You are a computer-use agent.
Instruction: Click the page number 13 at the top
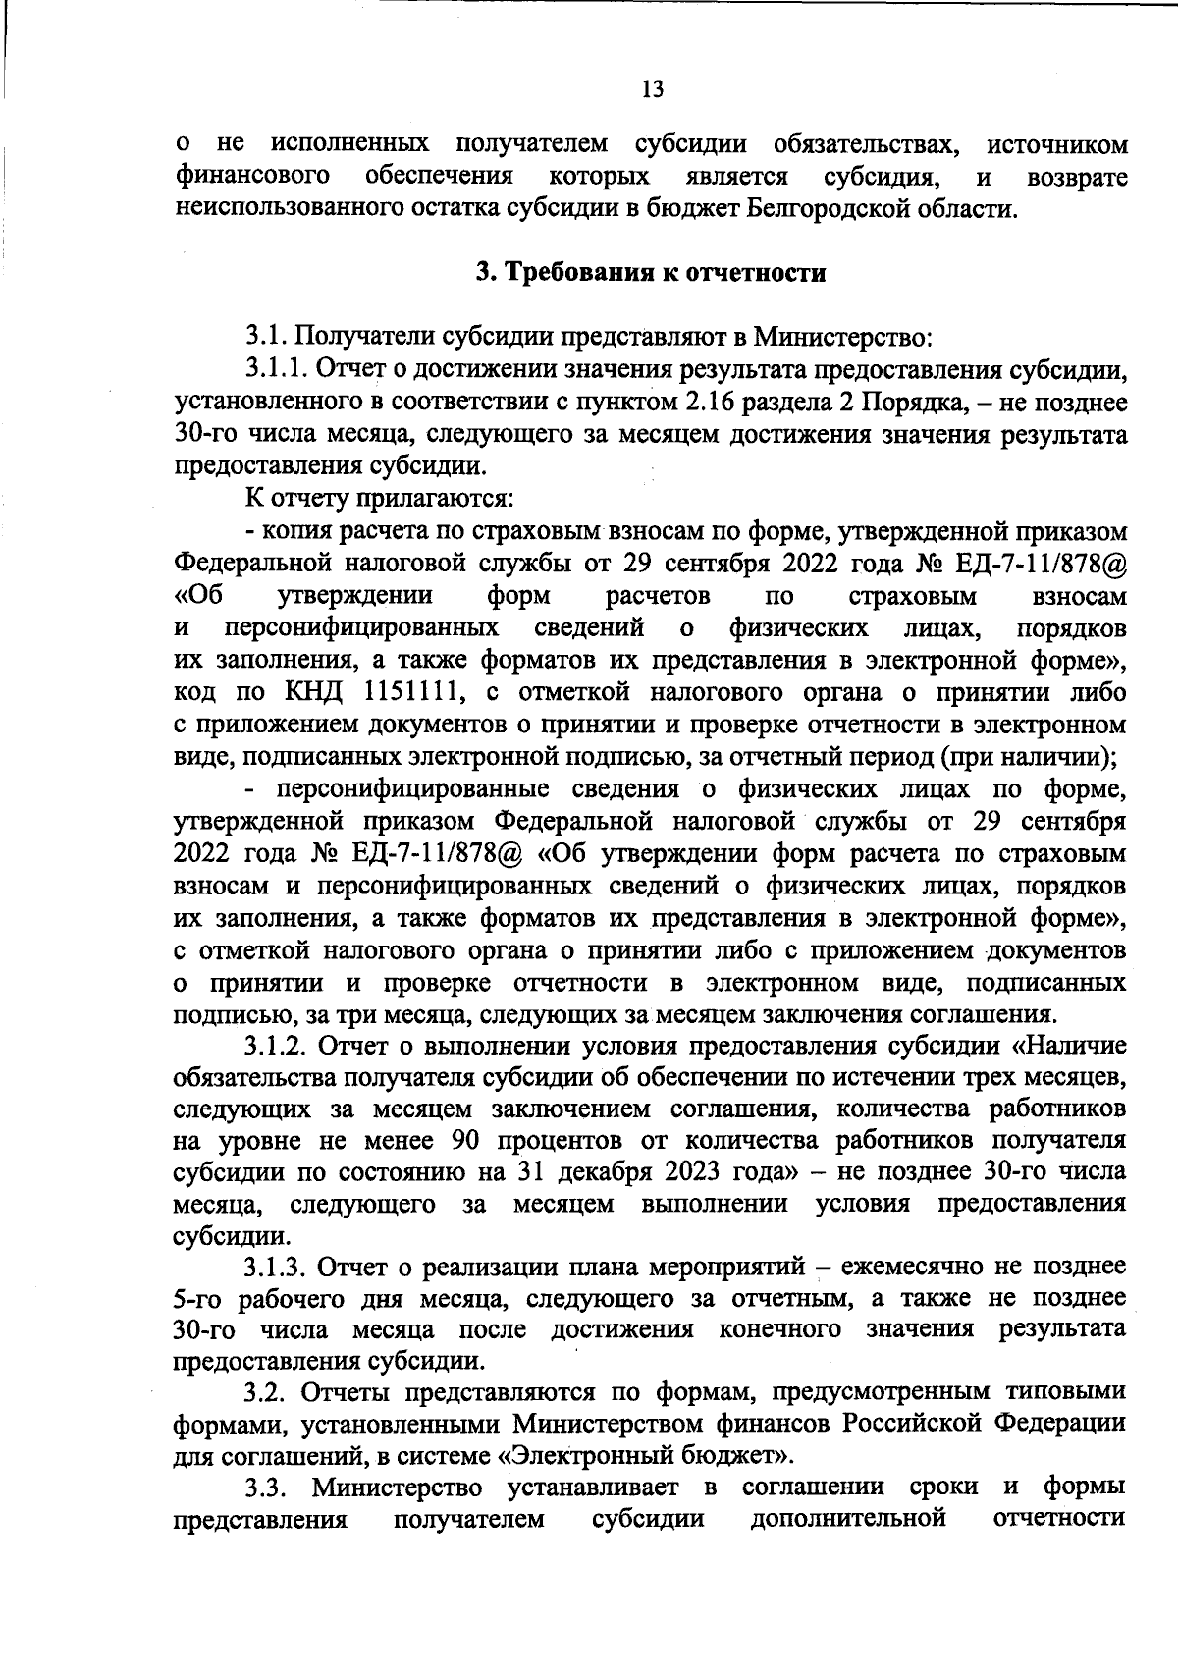pos(652,89)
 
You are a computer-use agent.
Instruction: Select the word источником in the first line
pos(1056,144)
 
